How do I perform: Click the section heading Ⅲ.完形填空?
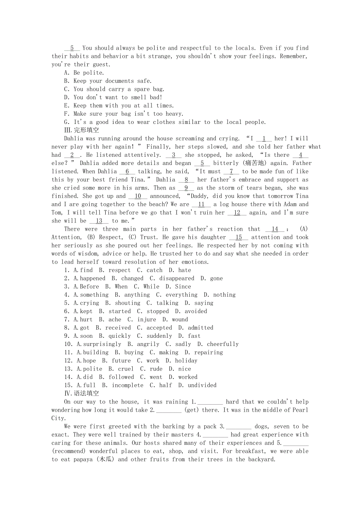[x=81, y=130]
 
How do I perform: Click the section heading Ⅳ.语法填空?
[x=81, y=393]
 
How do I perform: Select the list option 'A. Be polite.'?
[x=84, y=73]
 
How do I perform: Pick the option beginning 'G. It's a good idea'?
[x=165, y=122]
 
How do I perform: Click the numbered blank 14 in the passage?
[x=275, y=229]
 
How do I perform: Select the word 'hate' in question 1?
[x=184, y=270]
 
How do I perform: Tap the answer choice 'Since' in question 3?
[x=183, y=287]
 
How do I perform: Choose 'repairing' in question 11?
[x=209, y=352]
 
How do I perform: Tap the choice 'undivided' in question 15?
[x=202, y=385]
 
